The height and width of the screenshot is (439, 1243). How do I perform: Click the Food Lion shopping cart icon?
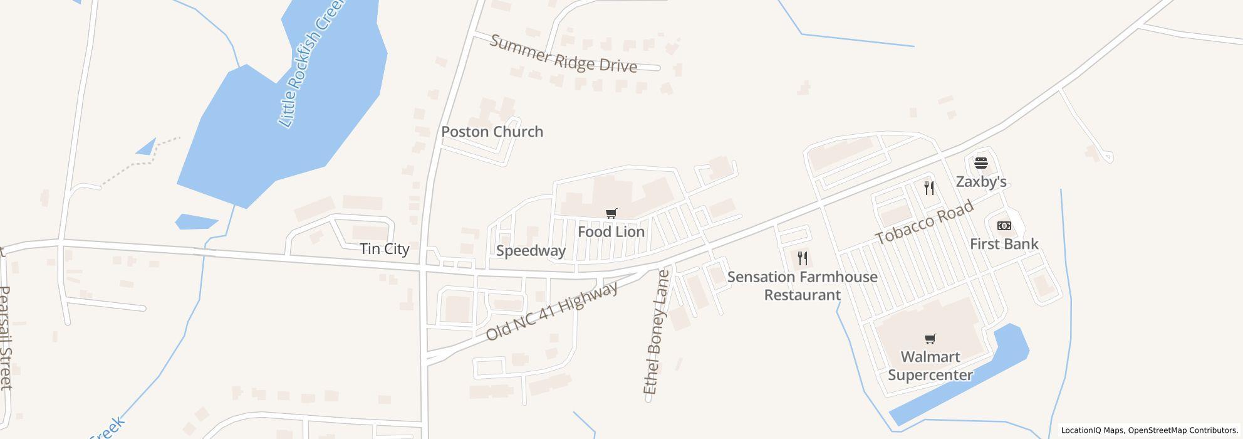tap(611, 214)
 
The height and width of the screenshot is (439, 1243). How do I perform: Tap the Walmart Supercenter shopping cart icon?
tap(930, 339)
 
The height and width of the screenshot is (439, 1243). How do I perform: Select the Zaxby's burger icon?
tap(981, 163)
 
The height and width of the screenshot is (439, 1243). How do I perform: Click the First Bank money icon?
tap(1004, 226)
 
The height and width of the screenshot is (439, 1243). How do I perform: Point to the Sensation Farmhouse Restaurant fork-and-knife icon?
tap(803, 258)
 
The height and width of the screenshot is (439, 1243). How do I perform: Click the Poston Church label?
tap(492, 132)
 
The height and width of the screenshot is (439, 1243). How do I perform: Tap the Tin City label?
tap(385, 249)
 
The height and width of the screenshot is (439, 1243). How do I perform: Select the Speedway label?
tap(531, 251)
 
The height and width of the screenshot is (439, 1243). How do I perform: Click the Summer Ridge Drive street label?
tap(563, 55)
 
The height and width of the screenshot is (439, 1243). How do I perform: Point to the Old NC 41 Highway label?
tap(552, 312)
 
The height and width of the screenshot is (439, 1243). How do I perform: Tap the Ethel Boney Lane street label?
tap(657, 332)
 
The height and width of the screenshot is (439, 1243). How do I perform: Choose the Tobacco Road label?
tap(924, 223)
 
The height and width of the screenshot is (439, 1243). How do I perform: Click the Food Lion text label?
tap(611, 232)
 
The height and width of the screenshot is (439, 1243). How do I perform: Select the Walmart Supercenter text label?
tap(930, 366)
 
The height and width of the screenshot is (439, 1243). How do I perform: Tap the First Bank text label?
tap(1004, 244)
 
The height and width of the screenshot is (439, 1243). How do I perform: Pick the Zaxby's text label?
tap(981, 182)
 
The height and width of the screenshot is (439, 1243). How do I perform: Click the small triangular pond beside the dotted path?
tap(147, 148)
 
